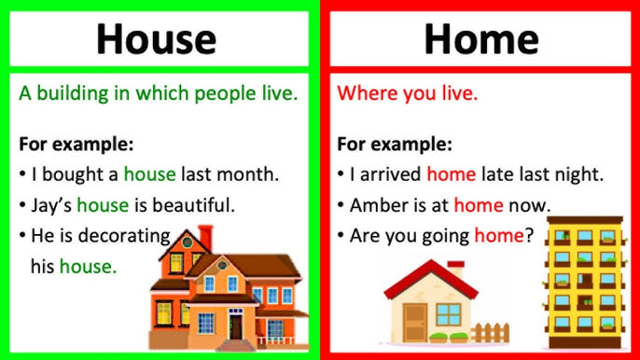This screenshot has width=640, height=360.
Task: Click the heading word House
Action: pyautogui.click(x=156, y=38)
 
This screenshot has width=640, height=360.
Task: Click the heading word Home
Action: pyautogui.click(x=480, y=38)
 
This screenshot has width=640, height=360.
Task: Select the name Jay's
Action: pyautogui.click(x=49, y=204)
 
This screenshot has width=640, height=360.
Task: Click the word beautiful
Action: pyautogui.click(x=194, y=204)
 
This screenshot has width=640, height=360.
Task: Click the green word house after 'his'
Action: pyautogui.click(x=88, y=267)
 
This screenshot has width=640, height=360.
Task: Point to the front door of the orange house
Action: pyautogui.click(x=235, y=326)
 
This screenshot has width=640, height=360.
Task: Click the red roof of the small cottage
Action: pyautogui.click(x=434, y=278)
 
